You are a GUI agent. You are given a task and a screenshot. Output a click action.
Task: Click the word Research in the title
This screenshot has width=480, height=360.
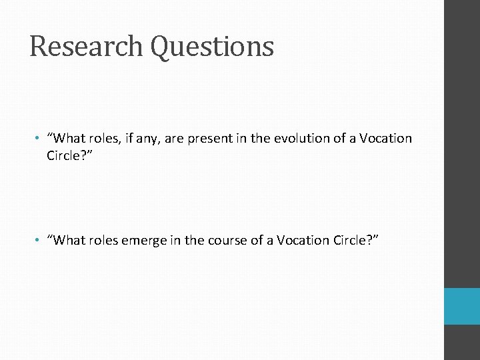click(x=87, y=47)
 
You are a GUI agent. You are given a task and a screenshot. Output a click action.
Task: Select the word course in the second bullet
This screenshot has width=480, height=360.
click(x=226, y=241)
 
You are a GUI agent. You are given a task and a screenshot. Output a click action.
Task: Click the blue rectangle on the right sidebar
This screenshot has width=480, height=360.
click(x=462, y=307)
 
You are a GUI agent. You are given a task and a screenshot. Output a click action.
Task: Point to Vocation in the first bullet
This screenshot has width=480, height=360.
click(x=385, y=139)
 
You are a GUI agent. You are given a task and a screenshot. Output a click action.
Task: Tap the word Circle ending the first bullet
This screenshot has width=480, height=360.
click(x=66, y=156)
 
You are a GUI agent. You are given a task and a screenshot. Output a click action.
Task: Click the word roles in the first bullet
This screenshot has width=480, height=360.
click(x=105, y=139)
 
